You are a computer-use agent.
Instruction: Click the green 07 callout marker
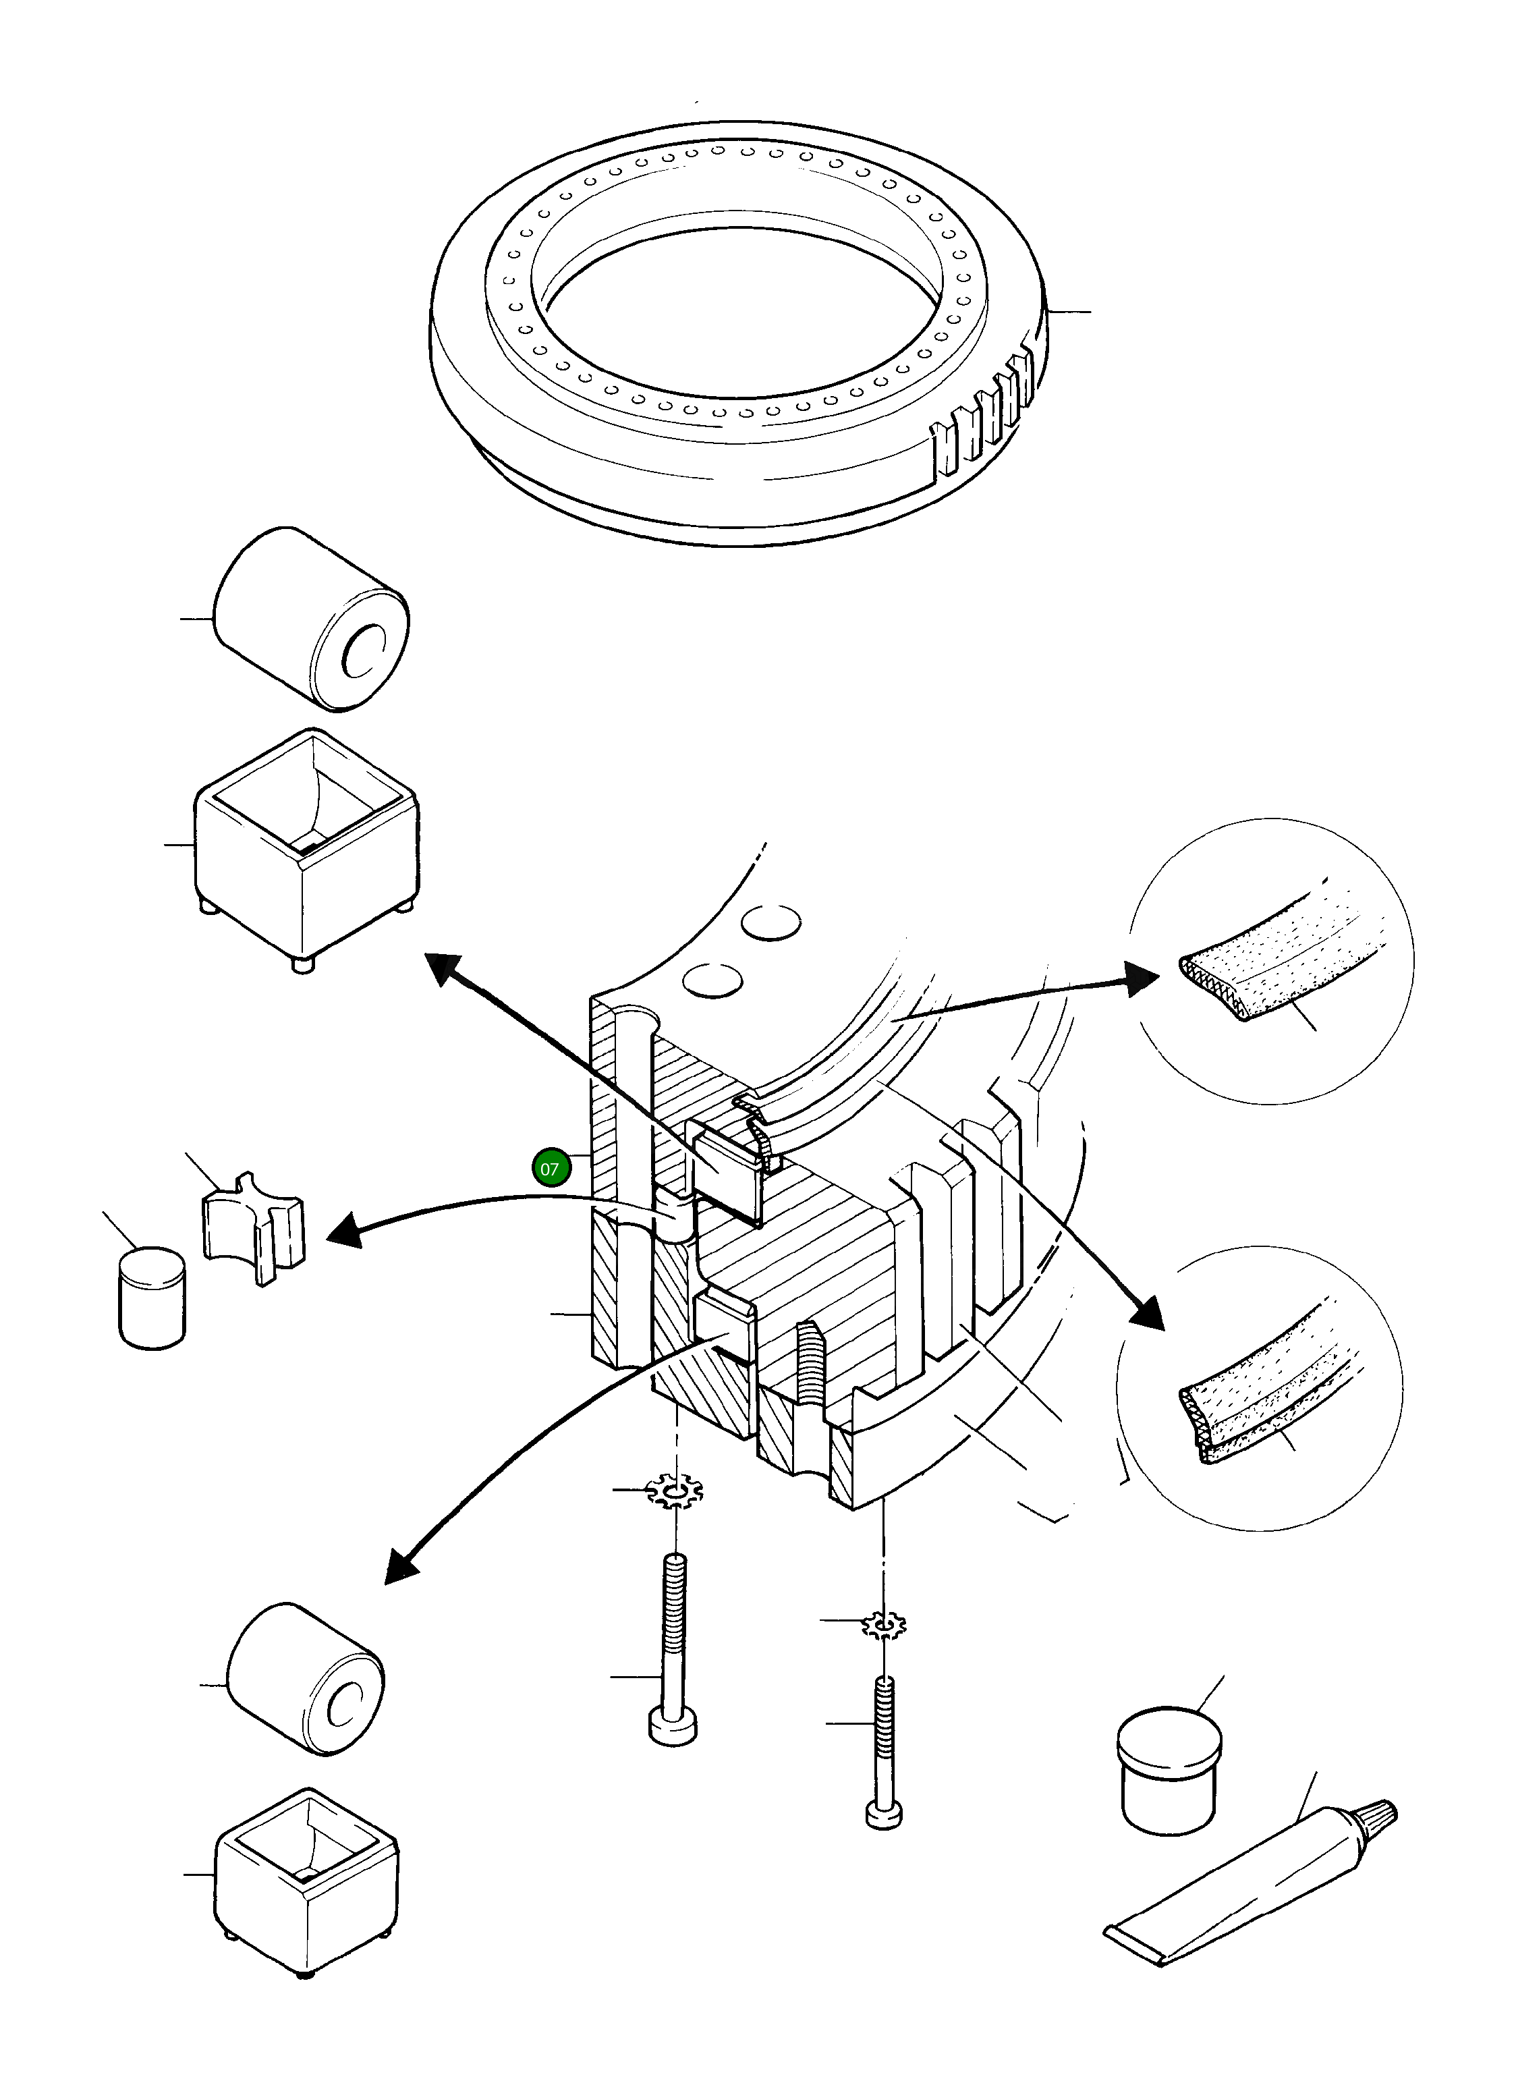tap(550, 1169)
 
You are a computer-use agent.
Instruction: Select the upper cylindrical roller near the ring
tap(310, 620)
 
